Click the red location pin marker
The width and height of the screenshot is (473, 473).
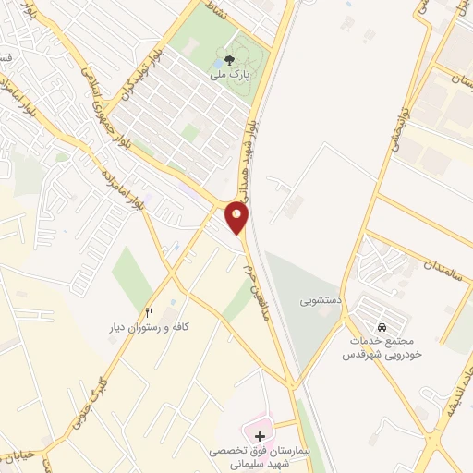(237, 218)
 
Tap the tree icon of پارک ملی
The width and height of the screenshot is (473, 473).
(228, 58)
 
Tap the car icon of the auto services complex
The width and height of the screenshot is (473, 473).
(381, 327)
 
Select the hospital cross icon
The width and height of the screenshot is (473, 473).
(260, 435)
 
